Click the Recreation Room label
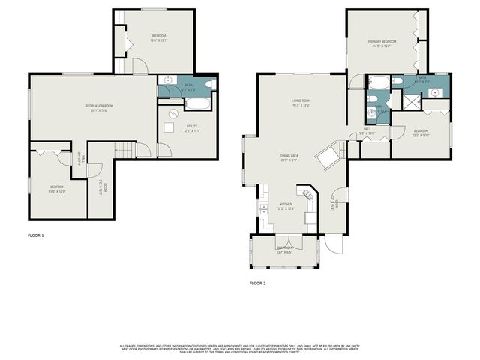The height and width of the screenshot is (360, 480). point(99,106)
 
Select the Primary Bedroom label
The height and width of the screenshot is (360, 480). point(382,41)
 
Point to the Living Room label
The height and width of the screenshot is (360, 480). point(301,100)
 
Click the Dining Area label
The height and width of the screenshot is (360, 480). point(289,156)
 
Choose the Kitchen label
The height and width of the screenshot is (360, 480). point(286,204)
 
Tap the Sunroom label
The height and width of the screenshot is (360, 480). point(284,247)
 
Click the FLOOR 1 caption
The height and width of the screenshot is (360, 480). point(36,235)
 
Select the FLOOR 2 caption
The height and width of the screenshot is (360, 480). point(257,283)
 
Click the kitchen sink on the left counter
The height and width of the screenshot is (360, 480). point(263,206)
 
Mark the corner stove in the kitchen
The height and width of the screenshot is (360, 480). point(307,193)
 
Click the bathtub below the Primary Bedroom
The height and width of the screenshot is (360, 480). point(379,82)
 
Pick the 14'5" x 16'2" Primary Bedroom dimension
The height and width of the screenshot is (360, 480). point(382,46)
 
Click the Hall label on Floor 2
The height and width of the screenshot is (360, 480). point(367,130)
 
